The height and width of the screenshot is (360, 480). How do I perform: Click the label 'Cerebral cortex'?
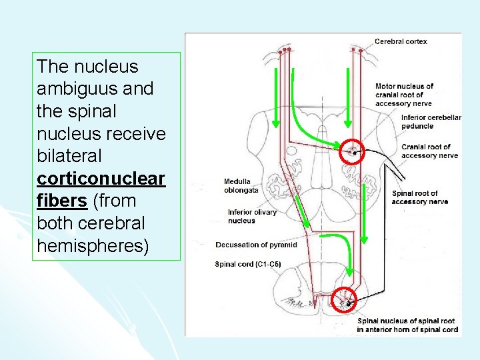click(401, 41)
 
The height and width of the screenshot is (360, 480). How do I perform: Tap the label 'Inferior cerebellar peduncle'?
click(431, 121)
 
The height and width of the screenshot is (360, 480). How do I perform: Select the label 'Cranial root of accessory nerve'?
click(429, 151)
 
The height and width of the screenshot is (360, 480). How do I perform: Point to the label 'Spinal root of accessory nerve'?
click(419, 197)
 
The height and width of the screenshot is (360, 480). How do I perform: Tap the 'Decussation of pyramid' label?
click(256, 245)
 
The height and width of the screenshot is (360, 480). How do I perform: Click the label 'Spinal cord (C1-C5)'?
click(248, 264)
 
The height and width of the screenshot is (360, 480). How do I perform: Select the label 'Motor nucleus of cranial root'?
click(404, 95)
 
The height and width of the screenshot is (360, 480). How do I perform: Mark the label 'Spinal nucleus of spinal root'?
click(407, 325)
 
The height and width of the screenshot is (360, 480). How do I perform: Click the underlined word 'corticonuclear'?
click(101, 179)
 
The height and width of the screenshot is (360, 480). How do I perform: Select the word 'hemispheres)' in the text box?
click(93, 245)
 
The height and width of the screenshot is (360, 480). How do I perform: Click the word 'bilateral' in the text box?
click(70, 156)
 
